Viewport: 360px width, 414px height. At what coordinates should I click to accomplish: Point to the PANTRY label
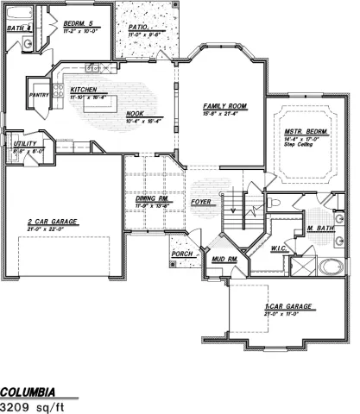[38, 96]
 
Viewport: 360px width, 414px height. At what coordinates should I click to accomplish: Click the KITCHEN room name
[83, 89]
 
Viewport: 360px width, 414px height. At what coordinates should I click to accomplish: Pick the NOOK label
[135, 112]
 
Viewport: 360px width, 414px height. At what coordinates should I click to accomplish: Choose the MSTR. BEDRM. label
[302, 132]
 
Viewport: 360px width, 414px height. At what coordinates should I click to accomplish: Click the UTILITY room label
[22, 144]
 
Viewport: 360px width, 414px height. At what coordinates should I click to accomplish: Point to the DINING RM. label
[150, 200]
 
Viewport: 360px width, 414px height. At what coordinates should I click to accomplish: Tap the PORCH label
[182, 254]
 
